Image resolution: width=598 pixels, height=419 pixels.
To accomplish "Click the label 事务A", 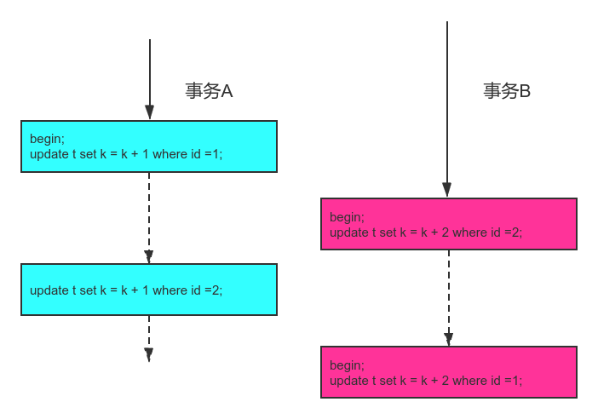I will pyautogui.click(x=209, y=91).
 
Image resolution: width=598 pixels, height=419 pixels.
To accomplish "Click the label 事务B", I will pyautogui.click(x=507, y=91).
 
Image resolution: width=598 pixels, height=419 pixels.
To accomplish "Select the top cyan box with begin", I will pyautogui.click(x=149, y=146).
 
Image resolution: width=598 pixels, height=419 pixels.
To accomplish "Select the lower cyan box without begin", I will pyautogui.click(x=149, y=290).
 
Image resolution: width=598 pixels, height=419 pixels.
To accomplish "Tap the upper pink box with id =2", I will pyautogui.click(x=448, y=224).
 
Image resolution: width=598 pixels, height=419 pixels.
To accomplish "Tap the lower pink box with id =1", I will pyautogui.click(x=448, y=372).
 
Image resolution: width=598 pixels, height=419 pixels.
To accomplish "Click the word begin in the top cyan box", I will pyautogui.click(x=47, y=139).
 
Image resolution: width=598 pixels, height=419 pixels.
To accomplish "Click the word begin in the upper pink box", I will pyautogui.click(x=347, y=217).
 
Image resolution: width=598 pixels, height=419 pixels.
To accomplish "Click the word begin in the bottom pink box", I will pyautogui.click(x=347, y=365).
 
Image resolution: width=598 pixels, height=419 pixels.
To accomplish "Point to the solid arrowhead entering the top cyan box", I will pyautogui.click(x=149, y=112).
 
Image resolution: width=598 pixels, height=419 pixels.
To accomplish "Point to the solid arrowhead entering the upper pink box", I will pyautogui.click(x=447, y=190).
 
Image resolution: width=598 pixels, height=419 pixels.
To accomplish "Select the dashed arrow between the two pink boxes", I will pyautogui.click(x=448, y=298).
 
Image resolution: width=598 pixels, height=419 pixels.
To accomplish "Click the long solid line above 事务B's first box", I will pyautogui.click(x=447, y=102).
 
